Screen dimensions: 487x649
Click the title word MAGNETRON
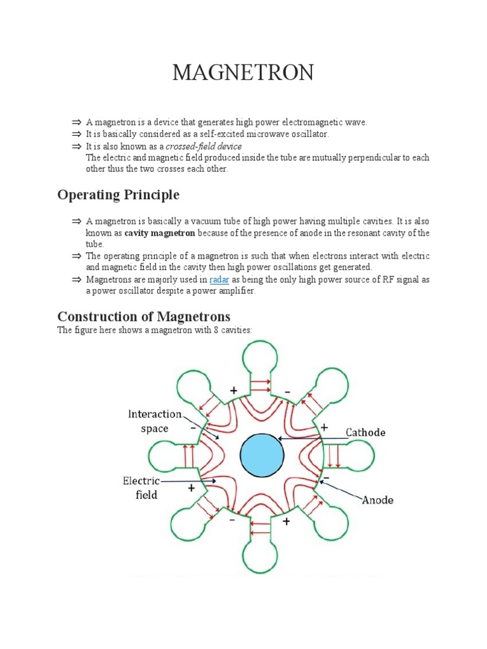243,73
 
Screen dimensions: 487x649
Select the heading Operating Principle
119,195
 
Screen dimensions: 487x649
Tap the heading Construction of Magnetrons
144,316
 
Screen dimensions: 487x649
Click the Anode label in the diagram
377,500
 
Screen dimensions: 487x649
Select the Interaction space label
154,421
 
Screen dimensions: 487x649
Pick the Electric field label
141,487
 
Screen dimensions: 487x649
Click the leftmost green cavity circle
164,455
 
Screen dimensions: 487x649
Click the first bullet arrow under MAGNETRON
76,122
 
